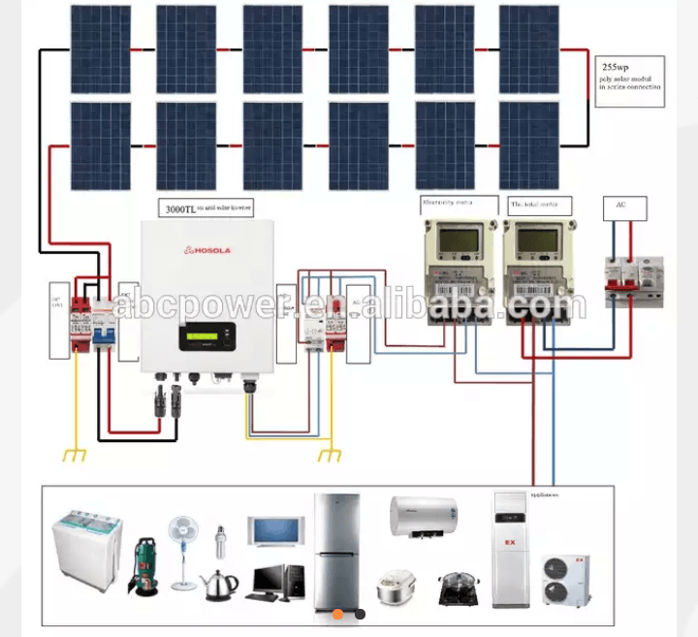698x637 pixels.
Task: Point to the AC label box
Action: [620, 205]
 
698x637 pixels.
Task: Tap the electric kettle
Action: [219, 583]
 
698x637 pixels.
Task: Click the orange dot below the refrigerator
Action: [337, 614]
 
